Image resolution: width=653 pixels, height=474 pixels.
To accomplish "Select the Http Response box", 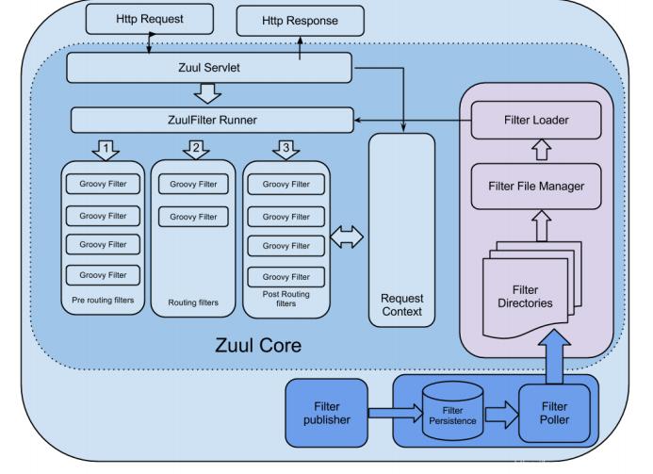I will (299, 20).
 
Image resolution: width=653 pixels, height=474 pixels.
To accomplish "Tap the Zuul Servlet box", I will (209, 67).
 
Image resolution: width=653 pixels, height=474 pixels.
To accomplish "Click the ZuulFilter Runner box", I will (212, 120).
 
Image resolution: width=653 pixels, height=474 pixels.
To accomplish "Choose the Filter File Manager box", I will (535, 186).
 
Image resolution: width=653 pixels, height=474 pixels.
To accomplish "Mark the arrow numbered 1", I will (105, 149).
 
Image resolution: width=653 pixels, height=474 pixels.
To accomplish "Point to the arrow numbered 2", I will (195, 149).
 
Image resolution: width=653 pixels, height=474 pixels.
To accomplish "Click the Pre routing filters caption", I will (103, 301).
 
